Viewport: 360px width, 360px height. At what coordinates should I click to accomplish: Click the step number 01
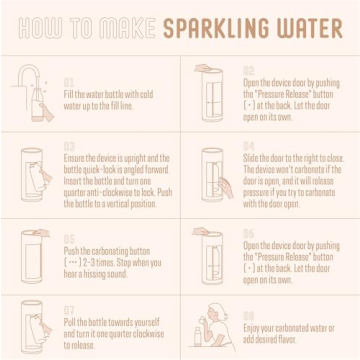coord(69,81)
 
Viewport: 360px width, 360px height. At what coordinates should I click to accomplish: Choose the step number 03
coord(69,147)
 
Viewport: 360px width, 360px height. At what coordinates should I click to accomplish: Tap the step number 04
coord(249,145)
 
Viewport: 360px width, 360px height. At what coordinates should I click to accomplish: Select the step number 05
coord(69,237)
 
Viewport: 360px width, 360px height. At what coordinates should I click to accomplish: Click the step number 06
coord(249,232)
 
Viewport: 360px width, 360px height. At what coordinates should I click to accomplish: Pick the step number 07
coord(69,310)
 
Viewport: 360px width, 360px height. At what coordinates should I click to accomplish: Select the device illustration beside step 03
coord(35,177)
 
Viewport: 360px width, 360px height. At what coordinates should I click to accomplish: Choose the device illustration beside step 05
coord(34,257)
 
